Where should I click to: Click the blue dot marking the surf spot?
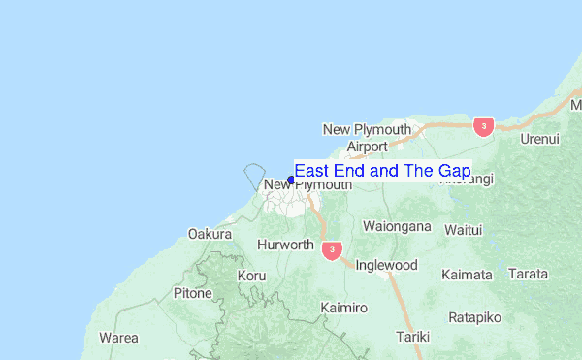291,180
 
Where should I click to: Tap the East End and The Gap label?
382,171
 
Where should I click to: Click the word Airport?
367,147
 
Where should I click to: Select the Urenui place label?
540,139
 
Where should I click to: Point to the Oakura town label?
210,234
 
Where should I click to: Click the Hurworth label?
285,245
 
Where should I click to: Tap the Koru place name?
251,276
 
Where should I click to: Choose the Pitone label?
192,292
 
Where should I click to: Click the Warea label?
118,338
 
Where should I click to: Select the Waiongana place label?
396,226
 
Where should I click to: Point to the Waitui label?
463,229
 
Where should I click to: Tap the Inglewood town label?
386,265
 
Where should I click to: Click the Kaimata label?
467,275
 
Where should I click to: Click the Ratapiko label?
474,316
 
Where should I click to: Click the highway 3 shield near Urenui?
483,127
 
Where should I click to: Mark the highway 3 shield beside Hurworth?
332,250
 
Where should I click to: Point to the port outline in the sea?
254,176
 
